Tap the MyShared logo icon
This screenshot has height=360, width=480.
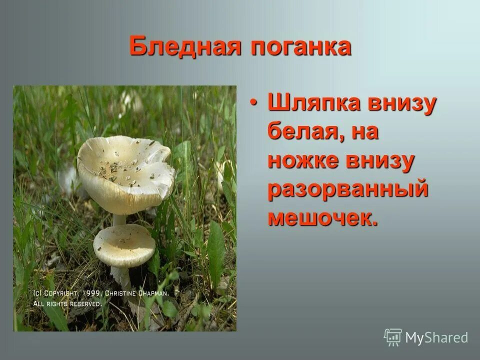pos(392,337)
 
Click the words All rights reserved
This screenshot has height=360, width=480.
pos(67,303)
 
